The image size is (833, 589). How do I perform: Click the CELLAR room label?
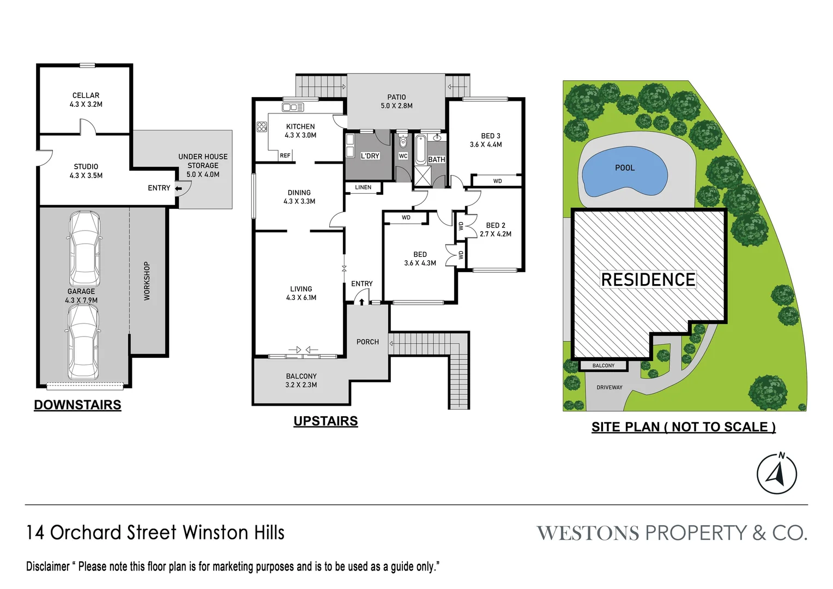coord(86,95)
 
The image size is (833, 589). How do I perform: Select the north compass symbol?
coord(777,473)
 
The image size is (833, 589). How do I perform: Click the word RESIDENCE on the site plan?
coord(648,280)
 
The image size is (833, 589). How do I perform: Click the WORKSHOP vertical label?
coord(147,281)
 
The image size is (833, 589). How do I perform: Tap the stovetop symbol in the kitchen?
coord(262,127)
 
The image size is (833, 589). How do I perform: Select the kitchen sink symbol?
coord(293,107)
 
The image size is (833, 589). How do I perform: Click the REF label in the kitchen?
coord(285,155)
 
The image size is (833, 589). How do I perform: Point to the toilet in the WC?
coord(403,142)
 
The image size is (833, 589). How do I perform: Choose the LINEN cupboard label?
coord(363,188)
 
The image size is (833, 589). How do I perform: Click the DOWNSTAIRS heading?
coord(77,405)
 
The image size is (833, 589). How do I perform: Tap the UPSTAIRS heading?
coord(325,422)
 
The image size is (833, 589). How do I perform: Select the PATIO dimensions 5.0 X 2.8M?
coord(396,106)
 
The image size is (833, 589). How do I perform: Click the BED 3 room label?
coord(491,136)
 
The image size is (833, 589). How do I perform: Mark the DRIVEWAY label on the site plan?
coord(609,388)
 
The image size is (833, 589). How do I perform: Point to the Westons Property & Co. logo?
coord(672,533)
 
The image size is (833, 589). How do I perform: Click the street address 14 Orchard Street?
coord(155,533)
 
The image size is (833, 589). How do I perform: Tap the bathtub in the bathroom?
coord(421,151)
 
